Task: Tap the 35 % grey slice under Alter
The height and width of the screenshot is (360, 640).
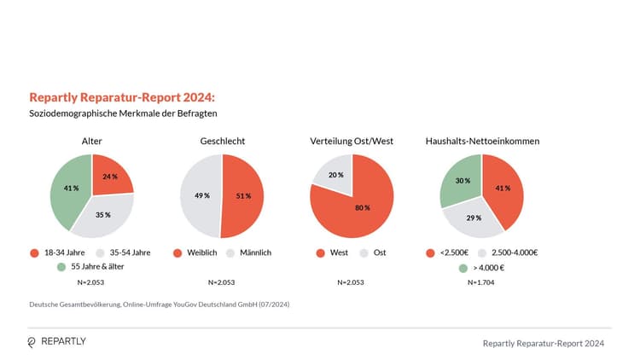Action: coord(102,217)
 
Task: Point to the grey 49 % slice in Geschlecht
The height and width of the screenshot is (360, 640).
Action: coord(201,196)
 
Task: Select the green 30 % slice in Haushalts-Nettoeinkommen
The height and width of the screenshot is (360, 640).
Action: coord(461,181)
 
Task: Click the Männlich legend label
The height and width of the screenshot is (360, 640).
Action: coord(255,253)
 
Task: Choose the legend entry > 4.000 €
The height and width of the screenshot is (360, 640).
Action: coord(489,268)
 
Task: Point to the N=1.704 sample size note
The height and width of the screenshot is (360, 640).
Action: coord(482,282)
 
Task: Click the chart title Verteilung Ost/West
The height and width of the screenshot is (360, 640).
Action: coord(351,140)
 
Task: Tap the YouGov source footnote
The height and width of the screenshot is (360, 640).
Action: coord(159,305)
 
